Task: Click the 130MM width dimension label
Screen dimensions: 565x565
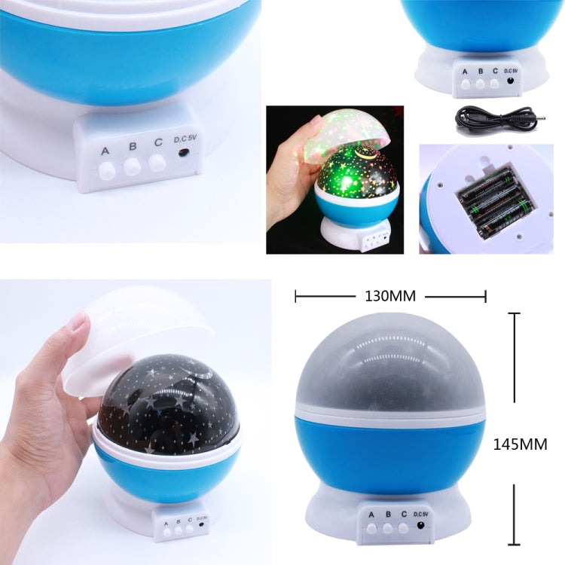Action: tap(389, 296)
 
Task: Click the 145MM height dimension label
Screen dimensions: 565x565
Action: tap(520, 444)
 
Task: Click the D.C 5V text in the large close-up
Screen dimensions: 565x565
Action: tap(185, 139)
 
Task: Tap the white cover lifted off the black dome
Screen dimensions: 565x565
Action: tap(136, 339)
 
